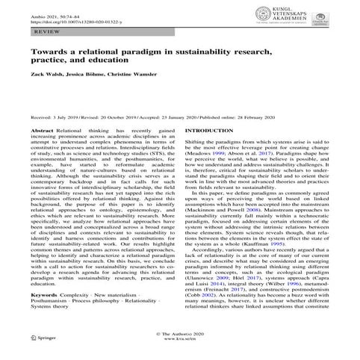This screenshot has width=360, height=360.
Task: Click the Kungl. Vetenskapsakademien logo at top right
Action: [x=295, y=16]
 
